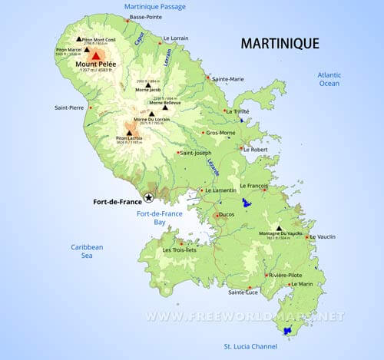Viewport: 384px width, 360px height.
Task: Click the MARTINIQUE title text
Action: tap(280, 43)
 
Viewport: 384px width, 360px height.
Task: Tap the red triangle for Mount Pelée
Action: tap(96, 54)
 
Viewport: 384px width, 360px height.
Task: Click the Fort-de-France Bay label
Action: tap(160, 217)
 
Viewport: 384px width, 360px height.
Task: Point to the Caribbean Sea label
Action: tap(87, 252)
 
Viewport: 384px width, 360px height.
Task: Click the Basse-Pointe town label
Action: tap(146, 17)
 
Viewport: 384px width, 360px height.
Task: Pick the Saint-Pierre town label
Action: tap(69, 107)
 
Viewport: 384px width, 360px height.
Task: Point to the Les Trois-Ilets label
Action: tap(180, 249)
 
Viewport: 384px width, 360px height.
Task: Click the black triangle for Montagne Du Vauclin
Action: tap(279, 228)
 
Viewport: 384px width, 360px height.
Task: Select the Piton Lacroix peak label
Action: tap(130, 139)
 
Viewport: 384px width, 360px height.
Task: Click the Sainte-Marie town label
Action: tap(227, 79)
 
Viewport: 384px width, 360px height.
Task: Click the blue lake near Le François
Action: tap(246, 203)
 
